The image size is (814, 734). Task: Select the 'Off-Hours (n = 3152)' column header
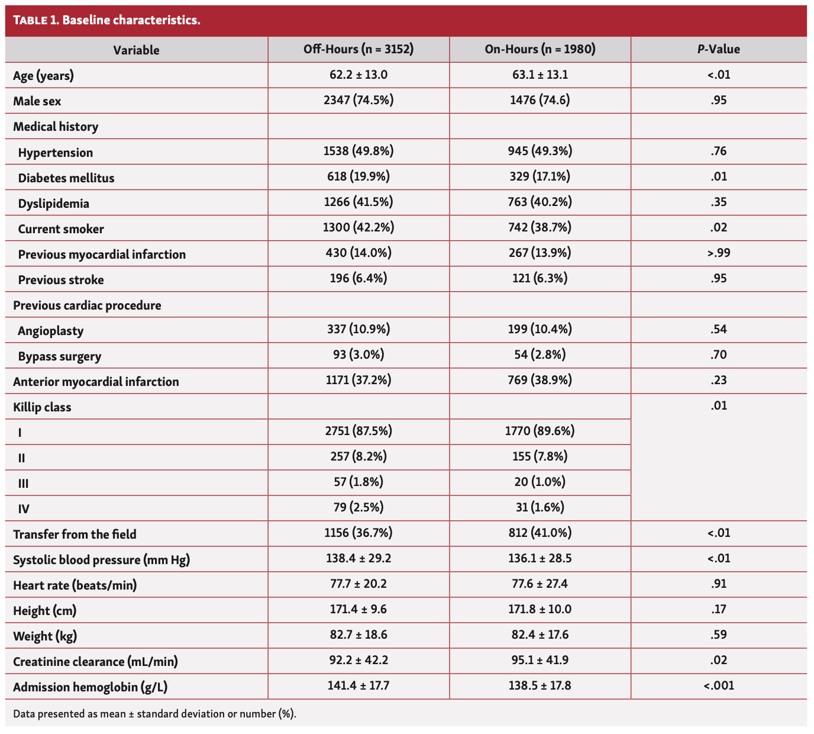pos(358,50)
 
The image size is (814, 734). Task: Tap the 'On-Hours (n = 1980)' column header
pos(540,50)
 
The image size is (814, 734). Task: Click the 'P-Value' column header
pos(718,50)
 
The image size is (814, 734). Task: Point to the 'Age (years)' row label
pos(44,76)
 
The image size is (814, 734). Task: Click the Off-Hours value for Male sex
pos(358,101)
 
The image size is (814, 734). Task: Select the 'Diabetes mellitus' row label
pos(66,178)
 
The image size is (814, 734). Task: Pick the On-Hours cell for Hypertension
pos(540,152)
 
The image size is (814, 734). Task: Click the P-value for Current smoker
pos(718,228)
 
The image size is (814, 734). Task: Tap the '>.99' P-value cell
pos(718,253)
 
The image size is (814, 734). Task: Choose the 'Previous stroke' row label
pos(61,280)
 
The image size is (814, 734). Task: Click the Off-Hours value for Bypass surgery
pos(358,355)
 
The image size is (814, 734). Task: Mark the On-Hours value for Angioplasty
pos(540,330)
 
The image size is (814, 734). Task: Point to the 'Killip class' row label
pos(42,407)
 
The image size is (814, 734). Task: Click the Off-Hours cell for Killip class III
pos(358,482)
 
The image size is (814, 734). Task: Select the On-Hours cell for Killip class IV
pos(540,507)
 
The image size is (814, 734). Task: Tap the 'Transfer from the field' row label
pos(75,535)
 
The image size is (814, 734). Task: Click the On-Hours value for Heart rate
pos(540,584)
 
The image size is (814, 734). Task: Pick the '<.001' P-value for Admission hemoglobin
pos(718,686)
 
